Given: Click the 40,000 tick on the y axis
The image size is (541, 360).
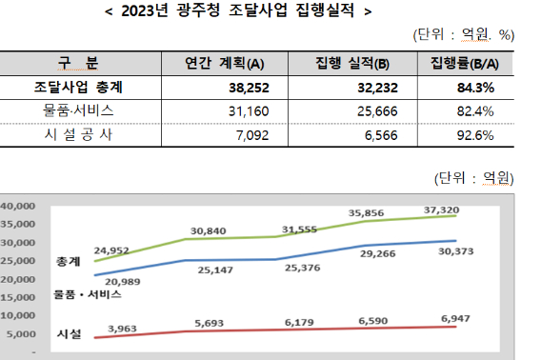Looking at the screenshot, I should [17, 206].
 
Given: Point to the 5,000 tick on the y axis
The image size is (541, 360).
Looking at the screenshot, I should [20, 333].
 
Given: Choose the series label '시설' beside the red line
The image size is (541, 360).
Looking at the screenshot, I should [69, 334].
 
